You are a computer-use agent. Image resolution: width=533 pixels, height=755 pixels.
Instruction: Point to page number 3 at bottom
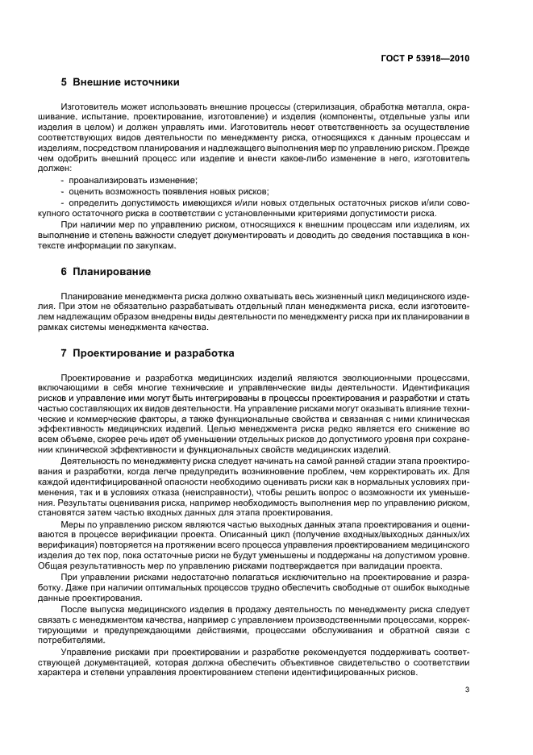pos(467,690)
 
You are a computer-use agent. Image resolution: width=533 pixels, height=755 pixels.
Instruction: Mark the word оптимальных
pos(165,587)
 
